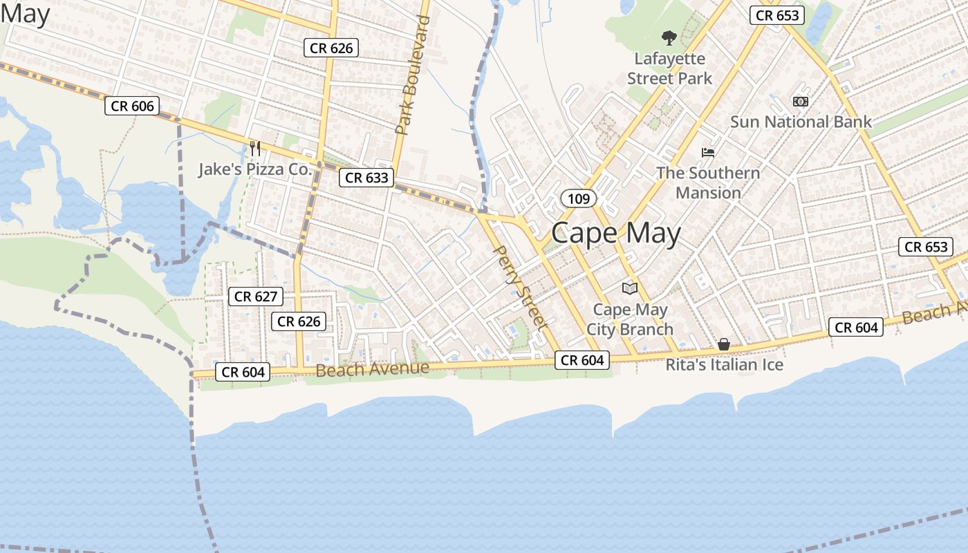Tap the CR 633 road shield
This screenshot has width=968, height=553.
366,178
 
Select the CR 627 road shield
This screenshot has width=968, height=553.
256,297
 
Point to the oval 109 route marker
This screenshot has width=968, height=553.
578,199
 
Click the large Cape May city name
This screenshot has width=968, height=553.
615,233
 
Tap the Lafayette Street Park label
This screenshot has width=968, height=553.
669,68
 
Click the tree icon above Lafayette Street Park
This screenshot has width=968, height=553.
669,37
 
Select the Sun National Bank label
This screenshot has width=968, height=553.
801,122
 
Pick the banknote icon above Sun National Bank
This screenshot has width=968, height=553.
801,102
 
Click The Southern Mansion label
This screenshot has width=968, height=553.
708,182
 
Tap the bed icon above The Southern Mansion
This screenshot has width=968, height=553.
708,152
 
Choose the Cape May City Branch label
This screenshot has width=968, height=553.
630,319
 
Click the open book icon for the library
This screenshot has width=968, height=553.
630,288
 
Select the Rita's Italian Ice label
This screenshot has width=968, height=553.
724,364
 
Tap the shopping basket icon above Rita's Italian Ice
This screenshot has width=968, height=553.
724,344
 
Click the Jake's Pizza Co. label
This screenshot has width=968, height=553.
256,169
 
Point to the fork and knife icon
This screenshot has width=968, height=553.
255,148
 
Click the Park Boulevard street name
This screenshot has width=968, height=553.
413,75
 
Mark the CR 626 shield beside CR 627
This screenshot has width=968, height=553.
298,321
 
